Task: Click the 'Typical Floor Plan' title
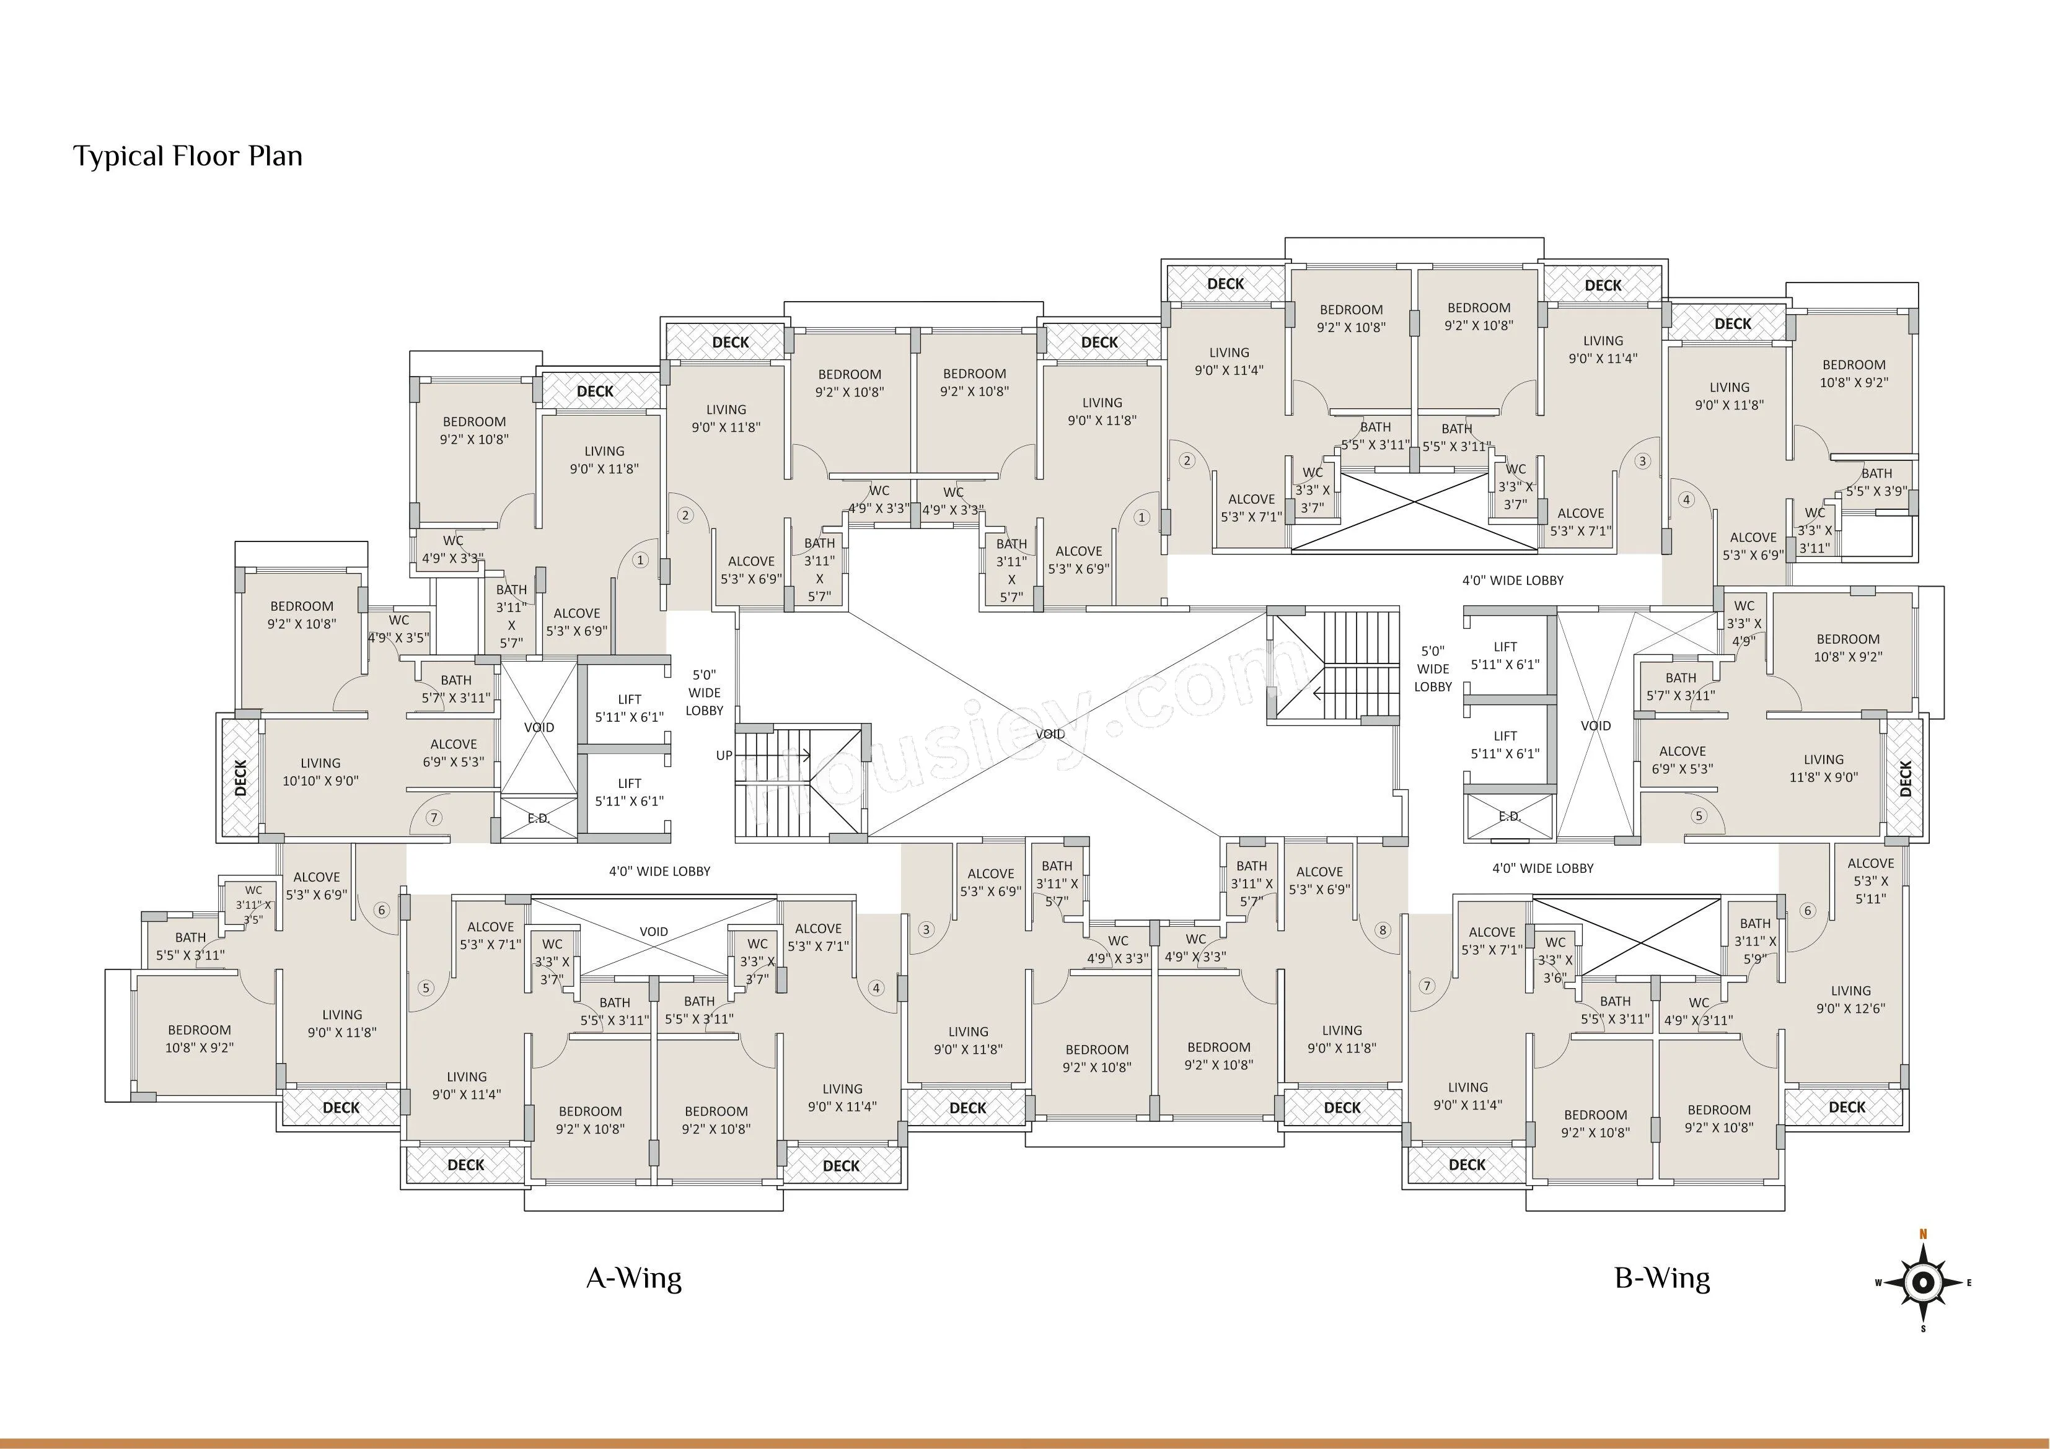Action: tap(188, 157)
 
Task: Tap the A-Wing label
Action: tap(634, 1279)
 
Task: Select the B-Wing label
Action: tap(1663, 1279)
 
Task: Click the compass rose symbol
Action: tap(1924, 1283)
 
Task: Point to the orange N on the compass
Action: tap(1924, 1235)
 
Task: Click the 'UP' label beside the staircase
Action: tap(724, 755)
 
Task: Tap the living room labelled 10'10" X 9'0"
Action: tap(320, 771)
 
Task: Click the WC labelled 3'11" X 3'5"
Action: tap(253, 904)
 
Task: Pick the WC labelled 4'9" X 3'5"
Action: tap(398, 629)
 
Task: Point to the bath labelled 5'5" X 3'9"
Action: tap(1876, 482)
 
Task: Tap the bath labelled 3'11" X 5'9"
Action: tap(1756, 941)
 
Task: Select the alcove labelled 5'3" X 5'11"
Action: tap(1870, 880)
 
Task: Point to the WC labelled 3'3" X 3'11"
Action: tap(1815, 530)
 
